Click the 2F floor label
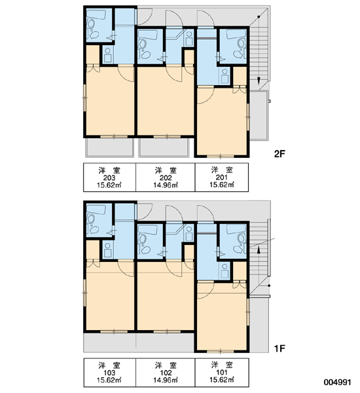point(279,154)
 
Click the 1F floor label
point(279,348)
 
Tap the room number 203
point(109,178)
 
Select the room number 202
point(166,178)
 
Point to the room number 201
point(222,178)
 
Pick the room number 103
point(109,373)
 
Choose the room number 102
point(166,373)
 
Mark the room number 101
point(222,373)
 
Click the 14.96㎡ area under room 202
point(166,185)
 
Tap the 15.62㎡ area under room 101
point(222,380)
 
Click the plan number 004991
point(338,383)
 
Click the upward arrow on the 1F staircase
point(259,250)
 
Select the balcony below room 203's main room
point(109,147)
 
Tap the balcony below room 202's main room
point(164,147)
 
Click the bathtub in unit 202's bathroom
point(147,35)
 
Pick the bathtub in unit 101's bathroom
point(236,229)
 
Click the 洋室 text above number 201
point(222,170)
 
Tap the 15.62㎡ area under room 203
point(109,185)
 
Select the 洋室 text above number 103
point(109,365)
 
